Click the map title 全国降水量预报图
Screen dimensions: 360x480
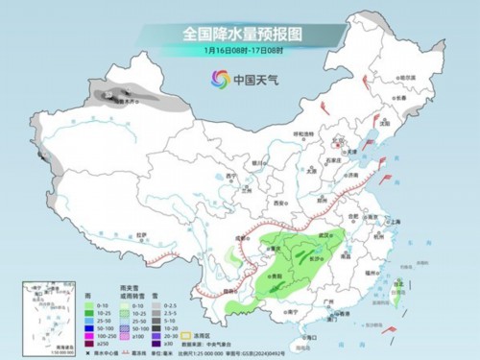(x=240, y=34)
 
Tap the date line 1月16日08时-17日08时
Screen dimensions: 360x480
(x=239, y=50)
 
